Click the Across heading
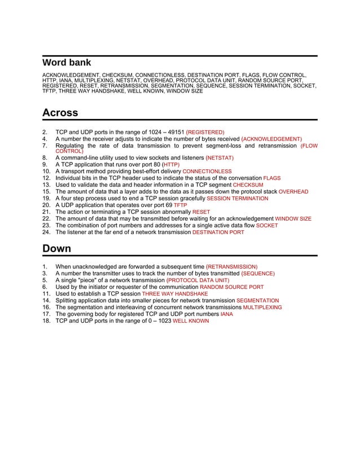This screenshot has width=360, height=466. pos(60,113)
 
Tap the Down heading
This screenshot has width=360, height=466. pos(56,249)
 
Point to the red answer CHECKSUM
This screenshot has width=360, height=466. pos(248,185)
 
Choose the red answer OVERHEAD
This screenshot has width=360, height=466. pos(293,192)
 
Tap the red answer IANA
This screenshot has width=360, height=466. pos(226,314)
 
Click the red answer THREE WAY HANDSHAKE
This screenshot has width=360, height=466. pos(175,294)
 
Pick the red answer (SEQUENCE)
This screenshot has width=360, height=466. pos(258,274)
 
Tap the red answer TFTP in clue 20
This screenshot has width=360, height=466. pos(180,205)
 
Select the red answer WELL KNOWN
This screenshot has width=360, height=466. pos(190,321)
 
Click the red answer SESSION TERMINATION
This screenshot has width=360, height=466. pos(238,199)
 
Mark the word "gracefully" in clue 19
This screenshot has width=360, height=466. pos(191,199)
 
